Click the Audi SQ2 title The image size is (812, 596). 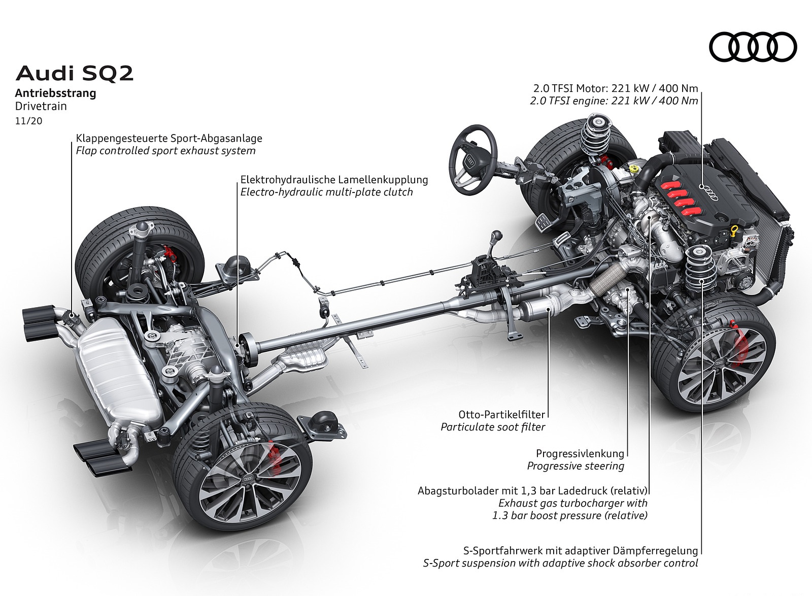click(x=75, y=74)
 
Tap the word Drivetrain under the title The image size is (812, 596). click(x=41, y=107)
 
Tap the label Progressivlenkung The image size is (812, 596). click(x=580, y=453)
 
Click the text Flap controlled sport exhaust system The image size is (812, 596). click(x=165, y=151)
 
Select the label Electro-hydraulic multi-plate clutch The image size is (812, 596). click(x=327, y=192)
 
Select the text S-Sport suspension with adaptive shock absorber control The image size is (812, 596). click(x=560, y=563)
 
